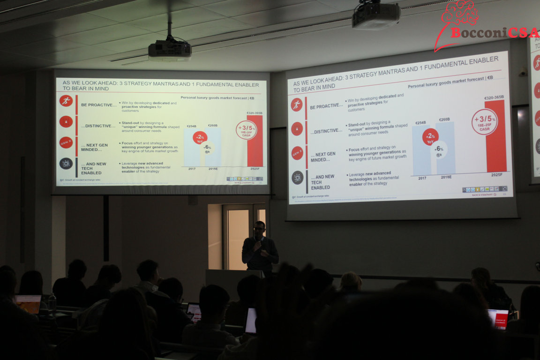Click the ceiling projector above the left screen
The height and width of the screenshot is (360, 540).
[x=170, y=49]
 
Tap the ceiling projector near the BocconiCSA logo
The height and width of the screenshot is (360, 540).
[x=376, y=15]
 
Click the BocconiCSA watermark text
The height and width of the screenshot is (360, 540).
[x=494, y=33]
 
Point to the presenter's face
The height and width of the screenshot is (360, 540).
[x=259, y=230]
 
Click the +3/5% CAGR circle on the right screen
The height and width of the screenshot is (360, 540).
[x=484, y=122]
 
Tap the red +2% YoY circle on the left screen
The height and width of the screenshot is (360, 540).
[x=200, y=137]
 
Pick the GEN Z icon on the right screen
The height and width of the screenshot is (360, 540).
[x=297, y=153]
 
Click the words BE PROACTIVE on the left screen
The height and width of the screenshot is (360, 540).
[x=98, y=105]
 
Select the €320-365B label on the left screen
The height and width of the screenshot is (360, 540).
[x=254, y=113]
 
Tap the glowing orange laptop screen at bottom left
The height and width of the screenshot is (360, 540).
[x=29, y=303]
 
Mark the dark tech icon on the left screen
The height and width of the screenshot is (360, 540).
[x=66, y=164]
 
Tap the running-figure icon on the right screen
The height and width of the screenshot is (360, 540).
[x=296, y=105]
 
